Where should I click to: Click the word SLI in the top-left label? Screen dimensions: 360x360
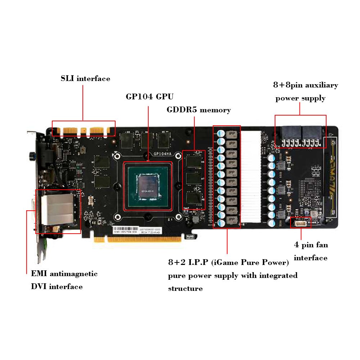67,78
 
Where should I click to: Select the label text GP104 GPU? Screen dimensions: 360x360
149,96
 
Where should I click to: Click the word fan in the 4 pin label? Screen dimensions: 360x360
321,245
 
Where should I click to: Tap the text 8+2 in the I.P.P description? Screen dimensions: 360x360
175,262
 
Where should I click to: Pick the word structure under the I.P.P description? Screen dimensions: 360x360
185,289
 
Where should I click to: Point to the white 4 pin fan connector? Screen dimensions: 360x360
301,223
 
